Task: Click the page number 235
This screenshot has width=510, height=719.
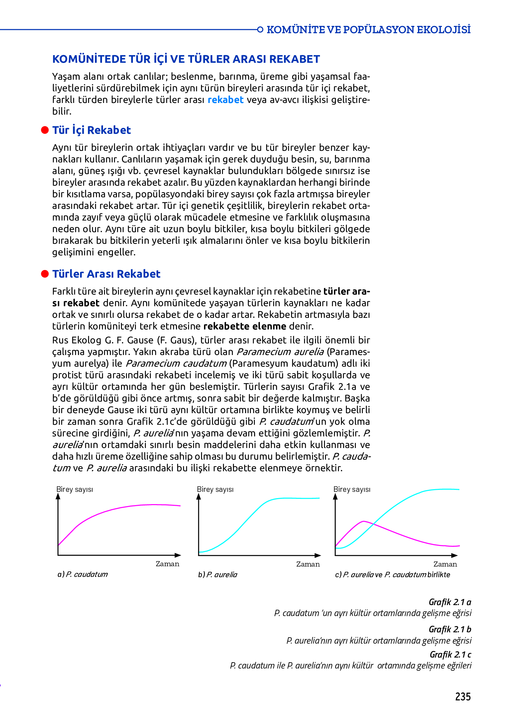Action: click(462, 696)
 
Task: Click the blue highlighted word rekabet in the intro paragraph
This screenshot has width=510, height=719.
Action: click(225, 100)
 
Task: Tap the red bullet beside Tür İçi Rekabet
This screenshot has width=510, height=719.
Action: click(45, 130)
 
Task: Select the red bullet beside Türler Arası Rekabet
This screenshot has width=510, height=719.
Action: click(45, 274)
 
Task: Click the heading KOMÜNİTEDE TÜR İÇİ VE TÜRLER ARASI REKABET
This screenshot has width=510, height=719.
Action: click(186, 59)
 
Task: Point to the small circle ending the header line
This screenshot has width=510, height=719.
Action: click(260, 30)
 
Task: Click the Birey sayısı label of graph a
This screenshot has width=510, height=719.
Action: click(74, 489)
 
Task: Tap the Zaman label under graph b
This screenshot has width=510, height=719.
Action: click(308, 564)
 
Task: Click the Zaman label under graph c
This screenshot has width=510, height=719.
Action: click(445, 564)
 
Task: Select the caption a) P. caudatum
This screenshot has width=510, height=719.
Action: click(82, 574)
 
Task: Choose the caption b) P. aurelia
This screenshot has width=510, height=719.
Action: click(218, 575)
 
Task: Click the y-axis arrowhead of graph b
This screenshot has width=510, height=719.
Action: click(199, 496)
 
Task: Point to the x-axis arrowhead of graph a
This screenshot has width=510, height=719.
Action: click(178, 555)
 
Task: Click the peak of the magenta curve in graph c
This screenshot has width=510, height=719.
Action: click(364, 521)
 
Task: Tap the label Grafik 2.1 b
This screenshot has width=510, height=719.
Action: click(450, 629)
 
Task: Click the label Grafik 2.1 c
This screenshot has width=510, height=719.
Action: click(450, 655)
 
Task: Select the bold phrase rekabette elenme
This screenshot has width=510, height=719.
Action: click(245, 326)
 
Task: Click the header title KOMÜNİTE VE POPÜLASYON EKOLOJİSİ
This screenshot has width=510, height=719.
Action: click(368, 30)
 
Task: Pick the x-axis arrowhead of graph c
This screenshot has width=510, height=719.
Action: click(455, 555)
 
